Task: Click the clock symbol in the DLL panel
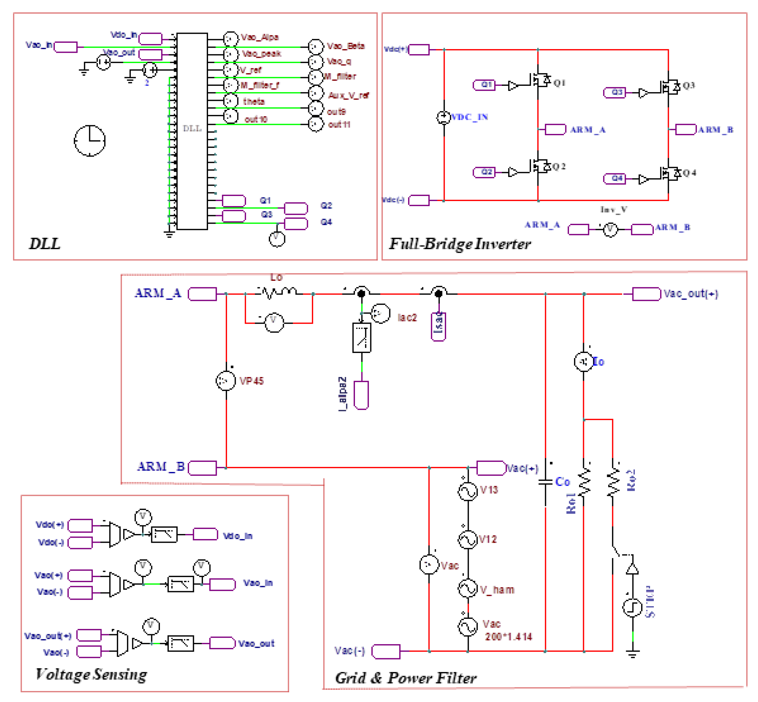[89, 141]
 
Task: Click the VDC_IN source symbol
[443, 117]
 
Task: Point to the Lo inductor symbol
[279, 293]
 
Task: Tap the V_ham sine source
[468, 588]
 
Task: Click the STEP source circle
[632, 607]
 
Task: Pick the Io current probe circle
[584, 362]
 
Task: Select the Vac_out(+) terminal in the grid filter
[646, 294]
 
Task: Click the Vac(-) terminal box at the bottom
[386, 652]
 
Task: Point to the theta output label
[254, 102]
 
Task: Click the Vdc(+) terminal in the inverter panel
[419, 50]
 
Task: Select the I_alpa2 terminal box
[361, 395]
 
